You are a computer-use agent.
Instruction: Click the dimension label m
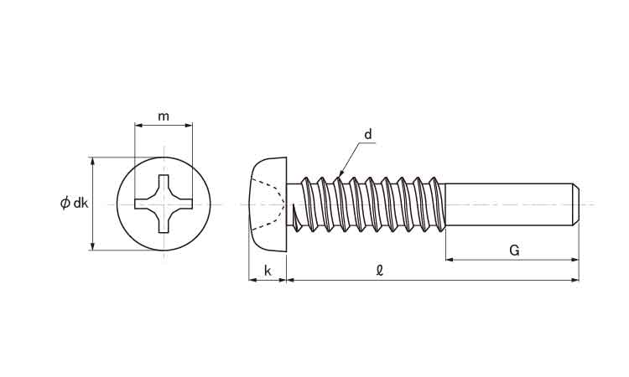tap(164, 116)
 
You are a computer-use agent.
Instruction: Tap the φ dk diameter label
tap(74, 203)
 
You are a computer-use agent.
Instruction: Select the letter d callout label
tap(368, 134)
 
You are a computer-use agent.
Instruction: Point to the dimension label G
tap(514, 250)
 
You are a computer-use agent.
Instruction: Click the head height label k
tap(268, 271)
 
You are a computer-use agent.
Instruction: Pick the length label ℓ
tap(379, 271)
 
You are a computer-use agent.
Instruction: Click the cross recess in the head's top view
tap(164, 204)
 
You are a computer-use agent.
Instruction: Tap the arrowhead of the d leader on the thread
tap(340, 174)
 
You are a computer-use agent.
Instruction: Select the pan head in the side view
tap(268, 204)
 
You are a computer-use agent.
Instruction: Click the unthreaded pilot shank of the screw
tap(509, 204)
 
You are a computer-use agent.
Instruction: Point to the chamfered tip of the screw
tap(575, 204)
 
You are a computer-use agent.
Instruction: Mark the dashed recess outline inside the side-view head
tap(269, 204)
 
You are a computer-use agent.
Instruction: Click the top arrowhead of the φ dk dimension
tap(93, 161)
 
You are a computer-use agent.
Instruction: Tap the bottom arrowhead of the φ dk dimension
tap(93, 246)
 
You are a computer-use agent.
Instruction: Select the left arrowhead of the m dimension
tap(138, 126)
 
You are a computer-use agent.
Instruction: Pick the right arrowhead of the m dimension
tap(189, 126)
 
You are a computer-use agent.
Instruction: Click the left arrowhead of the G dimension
tap(450, 260)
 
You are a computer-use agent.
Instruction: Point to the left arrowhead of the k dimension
tap(252, 280)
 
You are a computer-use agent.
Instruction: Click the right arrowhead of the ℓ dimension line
tap(574, 280)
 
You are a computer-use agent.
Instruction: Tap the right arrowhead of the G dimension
tap(574, 260)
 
